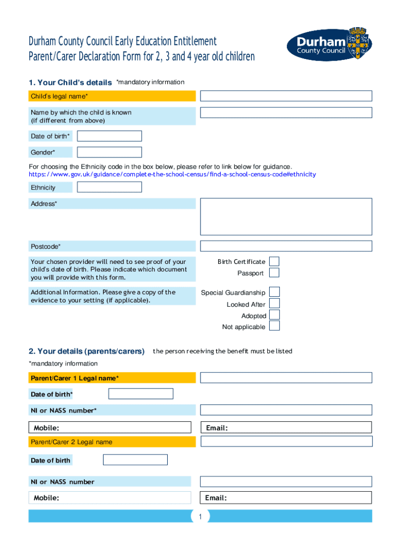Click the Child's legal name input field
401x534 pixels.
286,96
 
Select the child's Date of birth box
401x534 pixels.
109,136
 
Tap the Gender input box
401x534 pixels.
109,152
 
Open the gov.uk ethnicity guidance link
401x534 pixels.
172,174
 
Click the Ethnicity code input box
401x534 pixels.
109,187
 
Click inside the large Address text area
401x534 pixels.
286,216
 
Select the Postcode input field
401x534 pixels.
286,246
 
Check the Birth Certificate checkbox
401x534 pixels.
274,261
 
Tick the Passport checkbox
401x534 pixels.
274,273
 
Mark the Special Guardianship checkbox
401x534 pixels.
274,292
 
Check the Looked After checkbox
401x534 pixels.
274,304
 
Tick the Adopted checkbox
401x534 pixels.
274,315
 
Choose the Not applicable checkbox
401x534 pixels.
274,326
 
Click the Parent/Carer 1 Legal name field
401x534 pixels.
286,378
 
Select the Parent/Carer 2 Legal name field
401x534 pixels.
286,442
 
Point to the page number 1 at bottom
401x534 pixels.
199,516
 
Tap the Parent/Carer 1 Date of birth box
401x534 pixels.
141,394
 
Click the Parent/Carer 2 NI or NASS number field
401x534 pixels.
286,481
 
